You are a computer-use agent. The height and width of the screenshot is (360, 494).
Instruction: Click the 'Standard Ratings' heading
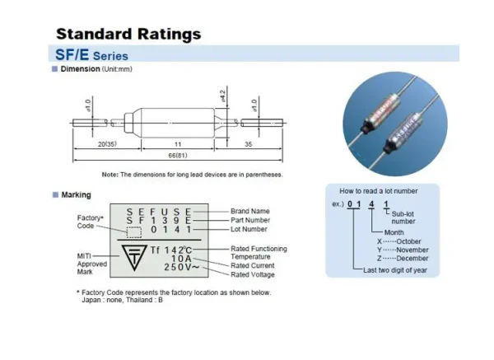tap(128, 34)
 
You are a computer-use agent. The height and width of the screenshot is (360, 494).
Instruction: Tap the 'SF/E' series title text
tap(72, 54)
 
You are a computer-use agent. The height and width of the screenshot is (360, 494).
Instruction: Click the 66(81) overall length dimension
tap(178, 156)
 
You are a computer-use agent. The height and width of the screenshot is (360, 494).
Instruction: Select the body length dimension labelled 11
tap(178, 144)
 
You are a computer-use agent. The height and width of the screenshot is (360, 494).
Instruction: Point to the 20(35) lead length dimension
tap(107, 144)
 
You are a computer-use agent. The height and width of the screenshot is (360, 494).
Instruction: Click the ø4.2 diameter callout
tap(223, 96)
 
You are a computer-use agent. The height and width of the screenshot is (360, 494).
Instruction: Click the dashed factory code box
tap(134, 232)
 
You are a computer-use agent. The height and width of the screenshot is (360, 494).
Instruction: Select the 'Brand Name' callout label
tap(250, 211)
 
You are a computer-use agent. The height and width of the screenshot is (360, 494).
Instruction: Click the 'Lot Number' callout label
tap(249, 229)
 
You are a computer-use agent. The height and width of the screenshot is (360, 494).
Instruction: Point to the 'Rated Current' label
tap(253, 265)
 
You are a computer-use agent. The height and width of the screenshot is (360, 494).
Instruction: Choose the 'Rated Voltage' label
tap(253, 274)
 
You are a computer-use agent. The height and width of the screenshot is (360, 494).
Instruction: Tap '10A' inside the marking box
tap(181, 259)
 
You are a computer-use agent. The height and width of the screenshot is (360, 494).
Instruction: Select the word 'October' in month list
tap(408, 241)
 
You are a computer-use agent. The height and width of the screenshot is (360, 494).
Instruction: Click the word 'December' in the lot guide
tap(412, 259)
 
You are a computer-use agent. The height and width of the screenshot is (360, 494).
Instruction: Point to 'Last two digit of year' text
tap(395, 270)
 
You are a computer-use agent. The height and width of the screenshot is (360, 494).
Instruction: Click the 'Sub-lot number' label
tap(403, 217)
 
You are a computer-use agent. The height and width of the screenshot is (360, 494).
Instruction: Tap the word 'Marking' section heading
tap(77, 194)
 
